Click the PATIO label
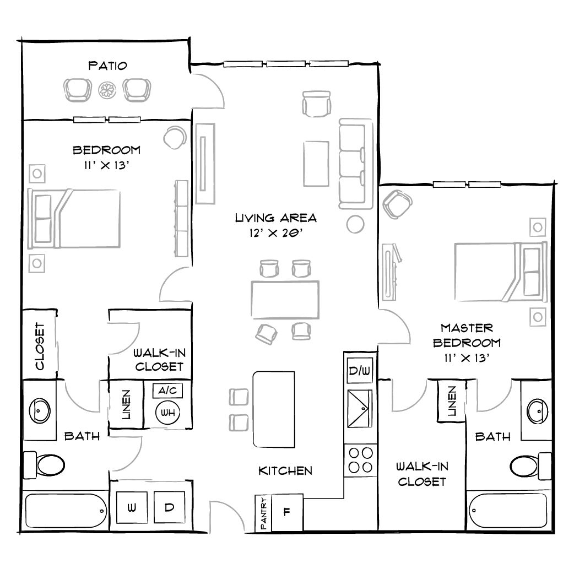pos(107,66)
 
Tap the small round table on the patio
pos(106,90)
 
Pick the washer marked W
pos(132,507)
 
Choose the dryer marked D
pos(169,507)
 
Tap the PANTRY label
pos(264,514)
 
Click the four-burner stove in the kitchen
pos(360,460)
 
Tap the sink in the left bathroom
pos(40,410)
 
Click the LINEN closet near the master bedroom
pos(451,400)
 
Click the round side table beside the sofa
pos(355,224)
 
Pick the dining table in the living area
pos(285,299)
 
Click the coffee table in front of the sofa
pos(316,164)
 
